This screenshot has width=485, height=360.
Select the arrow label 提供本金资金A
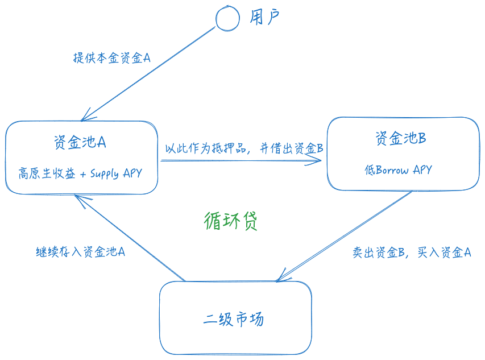pos(112,57)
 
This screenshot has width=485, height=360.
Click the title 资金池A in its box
pos(80,142)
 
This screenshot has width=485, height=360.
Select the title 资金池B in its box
pos(401,138)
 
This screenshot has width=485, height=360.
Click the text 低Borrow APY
pos(398,169)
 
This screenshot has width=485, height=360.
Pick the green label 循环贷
pos(231,221)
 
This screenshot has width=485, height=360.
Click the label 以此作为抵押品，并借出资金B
pos(244,149)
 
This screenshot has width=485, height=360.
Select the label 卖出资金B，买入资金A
pos(411,253)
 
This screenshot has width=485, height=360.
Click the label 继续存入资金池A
pos(80,251)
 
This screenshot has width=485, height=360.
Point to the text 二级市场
pos(234,319)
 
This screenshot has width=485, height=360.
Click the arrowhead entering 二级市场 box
pos(279,279)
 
